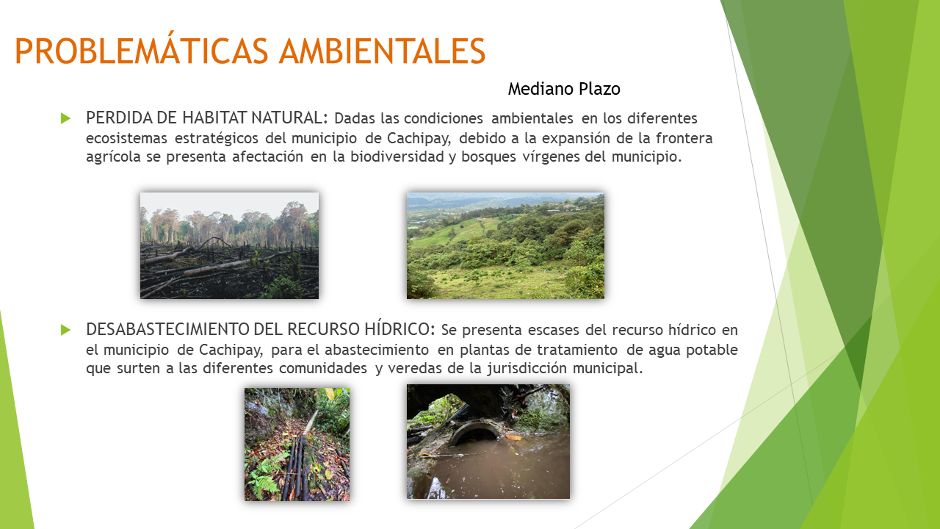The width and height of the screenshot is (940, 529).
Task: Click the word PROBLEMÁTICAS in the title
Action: coord(142,51)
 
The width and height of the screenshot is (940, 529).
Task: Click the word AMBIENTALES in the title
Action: coord(383,51)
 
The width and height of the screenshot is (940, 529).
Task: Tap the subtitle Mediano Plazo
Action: coord(564,89)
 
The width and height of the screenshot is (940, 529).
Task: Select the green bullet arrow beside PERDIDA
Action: coord(65,118)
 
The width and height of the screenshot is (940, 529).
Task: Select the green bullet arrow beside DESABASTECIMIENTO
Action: coord(65,330)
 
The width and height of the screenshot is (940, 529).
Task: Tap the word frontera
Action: coord(684,138)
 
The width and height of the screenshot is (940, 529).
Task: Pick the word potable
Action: coord(712,350)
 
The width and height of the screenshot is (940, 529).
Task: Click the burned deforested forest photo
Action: coord(230,245)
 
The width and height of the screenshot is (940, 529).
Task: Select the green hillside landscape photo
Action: coord(506,245)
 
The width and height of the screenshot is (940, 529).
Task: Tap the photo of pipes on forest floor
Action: coord(297,445)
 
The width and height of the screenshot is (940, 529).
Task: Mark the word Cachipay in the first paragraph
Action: coord(419,139)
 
